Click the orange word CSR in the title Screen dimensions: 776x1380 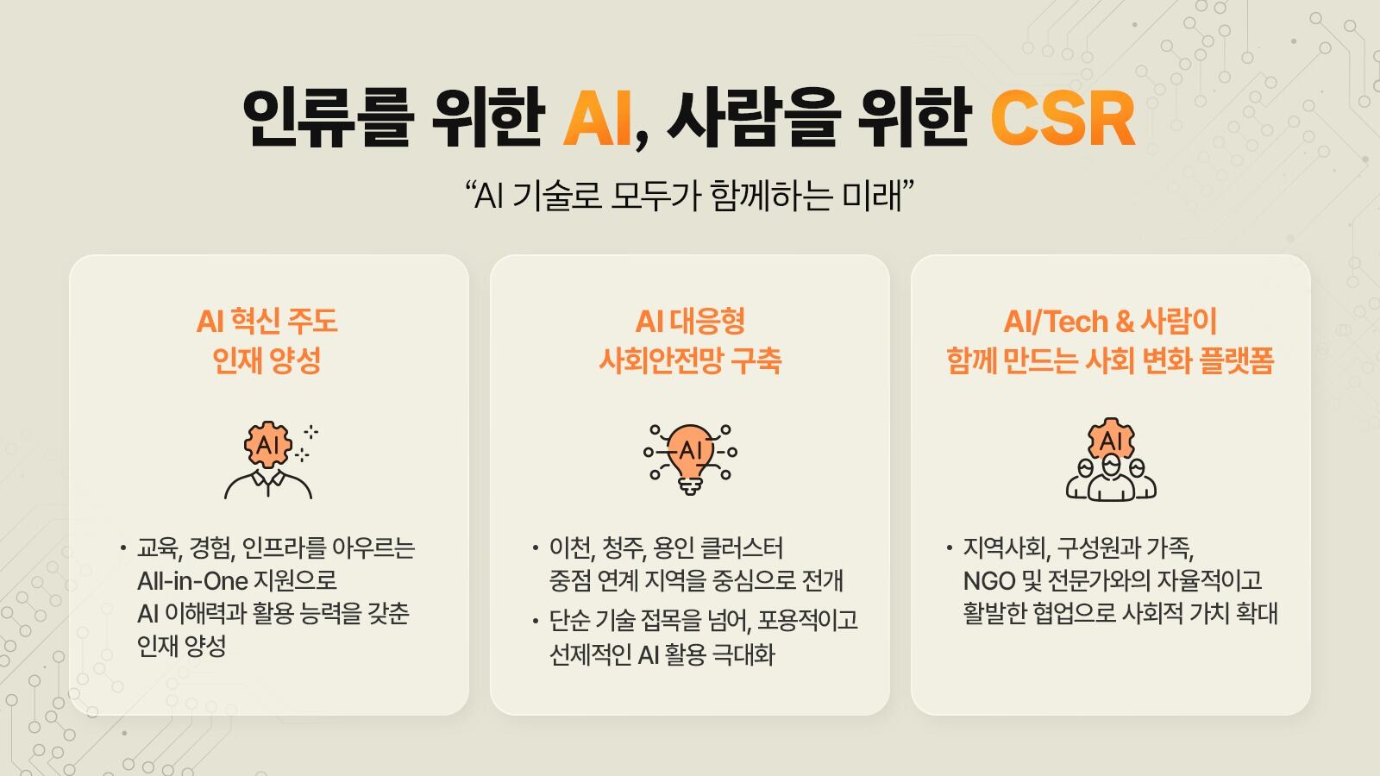(1062, 119)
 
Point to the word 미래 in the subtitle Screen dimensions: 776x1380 (870, 197)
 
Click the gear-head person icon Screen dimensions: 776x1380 (268, 460)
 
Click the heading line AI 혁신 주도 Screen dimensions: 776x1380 (267, 322)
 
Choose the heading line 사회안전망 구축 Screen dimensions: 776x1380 (690, 360)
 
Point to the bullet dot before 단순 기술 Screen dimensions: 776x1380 (536, 622)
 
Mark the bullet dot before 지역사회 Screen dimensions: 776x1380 (950, 548)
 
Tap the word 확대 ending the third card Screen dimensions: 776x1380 (1257, 613)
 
